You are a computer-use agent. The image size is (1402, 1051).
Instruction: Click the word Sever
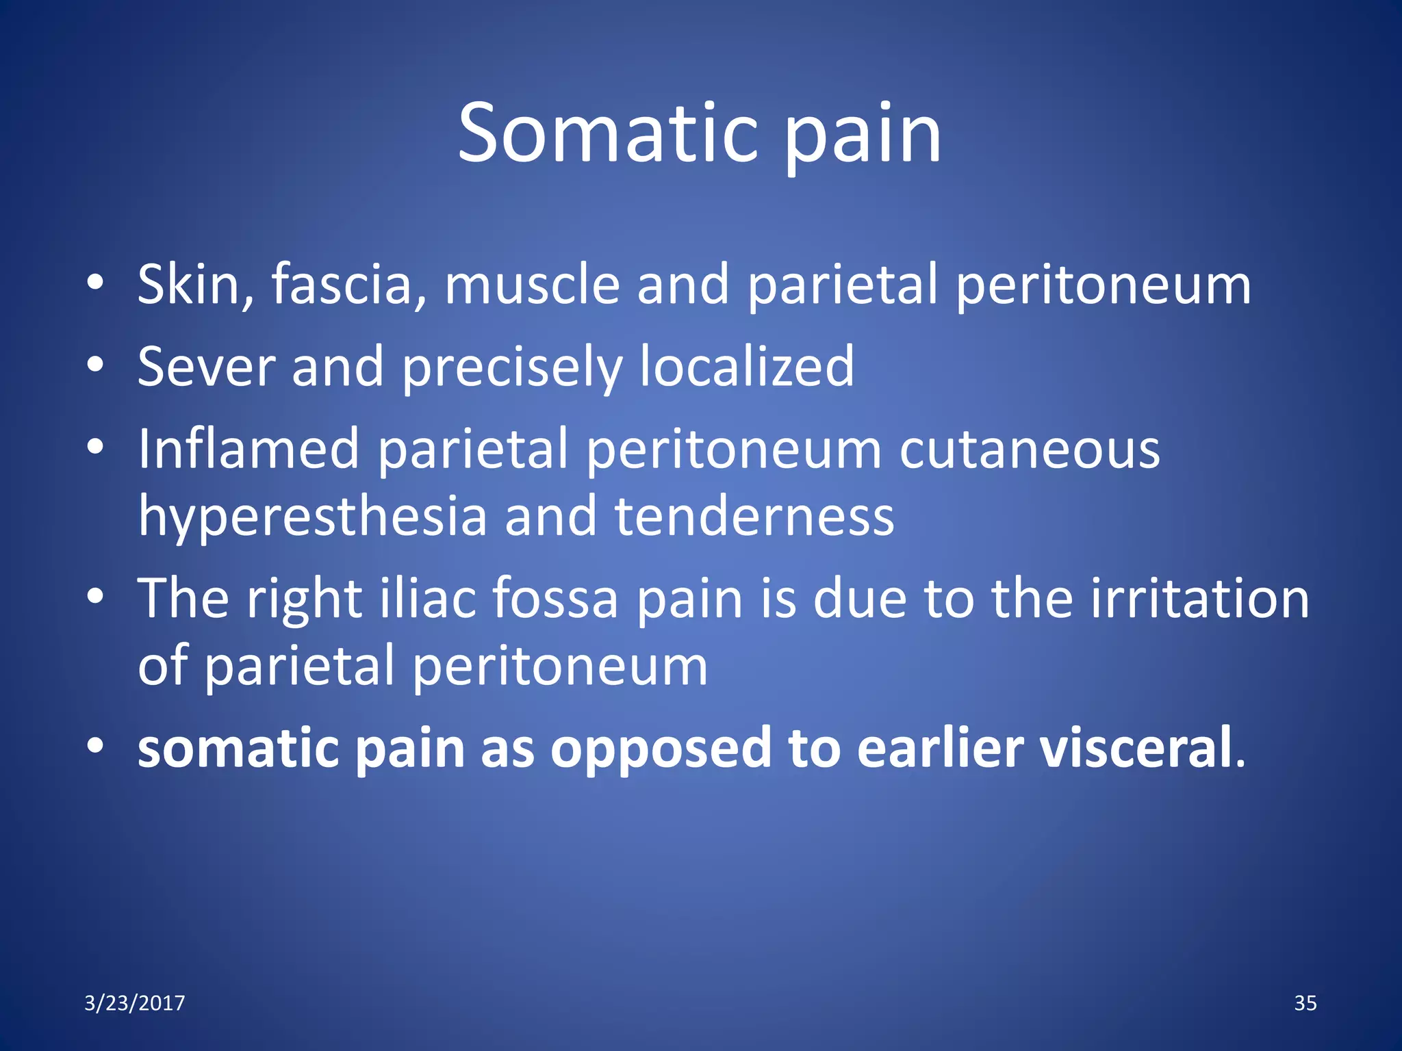[x=205, y=367]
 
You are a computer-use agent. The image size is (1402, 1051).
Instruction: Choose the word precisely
[x=511, y=367]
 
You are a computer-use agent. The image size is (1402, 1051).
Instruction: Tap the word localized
[x=746, y=367]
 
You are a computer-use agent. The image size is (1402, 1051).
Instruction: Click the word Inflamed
[x=248, y=450]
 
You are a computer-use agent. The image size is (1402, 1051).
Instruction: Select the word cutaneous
[x=1029, y=450]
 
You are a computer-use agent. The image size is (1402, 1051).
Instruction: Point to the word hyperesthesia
[x=312, y=517]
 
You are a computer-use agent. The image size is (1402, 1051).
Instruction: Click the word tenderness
[x=754, y=517]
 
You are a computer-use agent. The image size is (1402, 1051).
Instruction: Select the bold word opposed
[x=661, y=749]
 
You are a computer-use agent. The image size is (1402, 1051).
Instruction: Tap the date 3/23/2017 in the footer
[x=134, y=1003]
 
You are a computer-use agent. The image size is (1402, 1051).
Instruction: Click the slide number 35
[x=1305, y=1003]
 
